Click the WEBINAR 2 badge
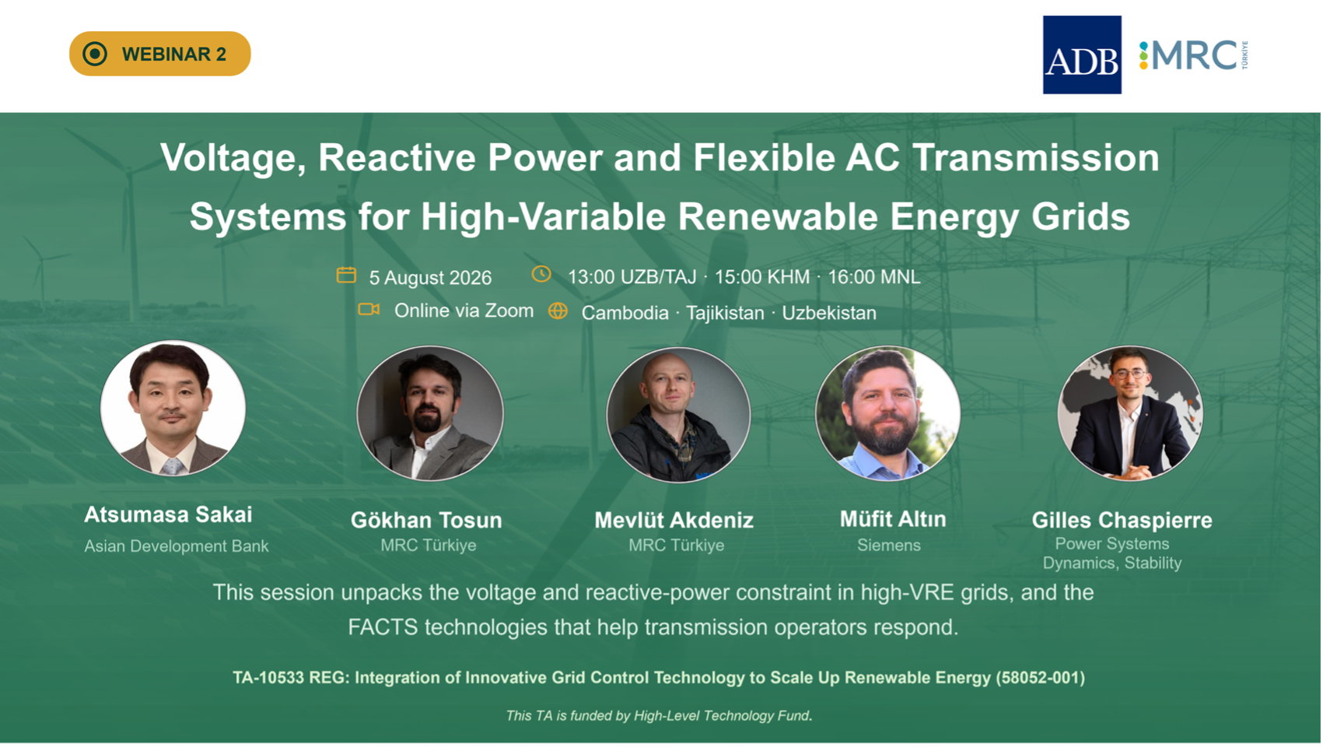coord(159,54)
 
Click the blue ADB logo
coord(1082,55)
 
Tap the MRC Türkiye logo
coord(1193,55)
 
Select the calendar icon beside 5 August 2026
coord(346,275)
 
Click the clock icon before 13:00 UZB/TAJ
coord(541,274)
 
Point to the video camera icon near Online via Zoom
coord(369,310)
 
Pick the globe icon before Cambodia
coord(558,311)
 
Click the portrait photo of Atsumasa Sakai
coord(173,408)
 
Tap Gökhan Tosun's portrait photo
coord(430,413)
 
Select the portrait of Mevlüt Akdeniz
coord(679,414)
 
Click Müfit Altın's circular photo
coord(887,413)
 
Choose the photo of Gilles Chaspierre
coord(1130,413)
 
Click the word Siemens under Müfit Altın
coord(889,545)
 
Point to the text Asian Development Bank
coord(176,546)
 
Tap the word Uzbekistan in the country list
coord(829,313)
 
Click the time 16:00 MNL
coord(874,276)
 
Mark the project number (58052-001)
coord(1041,677)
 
